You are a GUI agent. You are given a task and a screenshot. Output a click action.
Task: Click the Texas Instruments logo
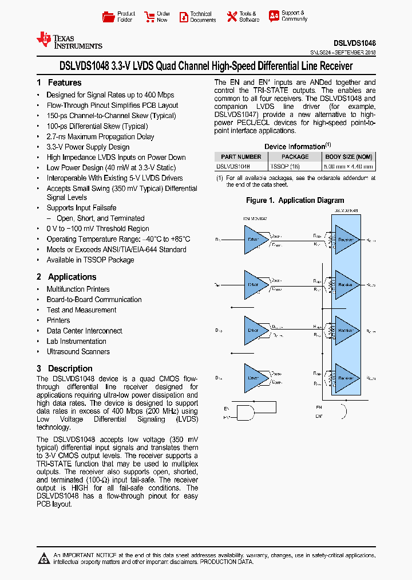click(x=69, y=40)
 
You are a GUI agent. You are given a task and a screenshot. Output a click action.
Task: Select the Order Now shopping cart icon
click(x=149, y=17)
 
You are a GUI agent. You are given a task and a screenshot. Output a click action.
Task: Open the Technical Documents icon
click(x=183, y=17)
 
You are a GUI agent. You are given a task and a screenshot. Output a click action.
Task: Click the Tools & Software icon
click(x=232, y=17)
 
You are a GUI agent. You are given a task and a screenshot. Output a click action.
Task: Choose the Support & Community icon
click(x=274, y=16)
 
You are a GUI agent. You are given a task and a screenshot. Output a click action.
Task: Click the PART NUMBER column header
click(x=241, y=156)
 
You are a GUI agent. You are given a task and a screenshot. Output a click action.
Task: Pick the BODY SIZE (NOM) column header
click(x=348, y=156)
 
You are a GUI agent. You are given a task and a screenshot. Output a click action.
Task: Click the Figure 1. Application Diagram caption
click(x=295, y=201)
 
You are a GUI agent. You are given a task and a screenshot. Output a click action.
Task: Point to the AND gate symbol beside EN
click(x=246, y=412)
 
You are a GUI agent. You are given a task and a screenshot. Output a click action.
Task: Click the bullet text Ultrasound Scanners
click(x=78, y=352)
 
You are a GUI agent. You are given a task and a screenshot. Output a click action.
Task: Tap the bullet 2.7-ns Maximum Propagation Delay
click(x=100, y=137)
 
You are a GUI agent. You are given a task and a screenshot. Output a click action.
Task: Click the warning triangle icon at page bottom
click(x=43, y=558)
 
